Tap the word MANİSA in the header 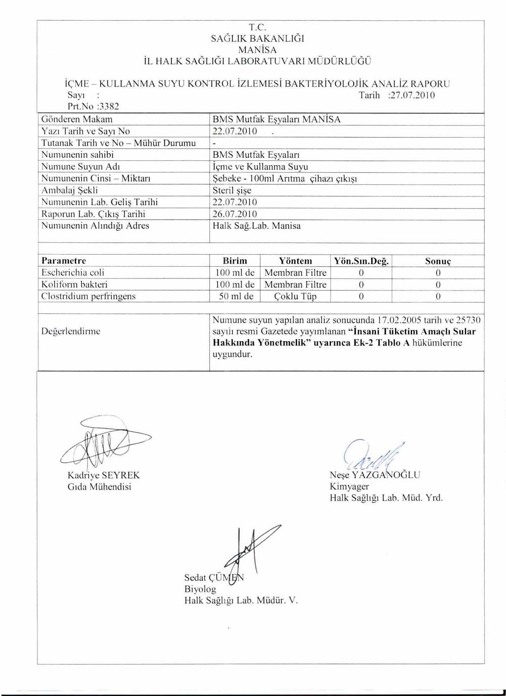click(258, 50)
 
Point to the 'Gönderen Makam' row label click(77, 119)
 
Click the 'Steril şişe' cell click(232, 190)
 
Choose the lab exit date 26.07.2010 click(235, 214)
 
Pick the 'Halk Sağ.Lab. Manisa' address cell click(257, 226)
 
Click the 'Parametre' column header click(64, 261)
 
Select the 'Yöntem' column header click(296, 261)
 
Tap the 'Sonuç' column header click(438, 261)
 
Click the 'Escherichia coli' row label click(73, 272)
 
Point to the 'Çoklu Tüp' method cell click(296, 296)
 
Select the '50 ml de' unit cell click(236, 296)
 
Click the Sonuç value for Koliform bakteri click(438, 284)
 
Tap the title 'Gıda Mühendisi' click(99, 486)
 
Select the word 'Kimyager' click(349, 486)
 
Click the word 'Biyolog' click(200, 589)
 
